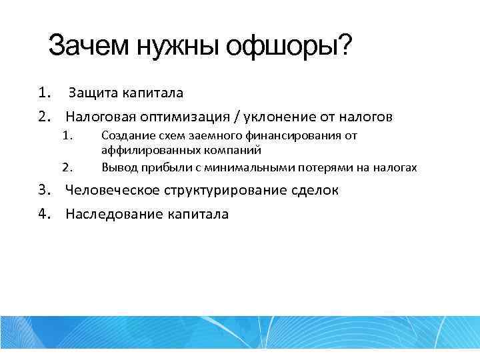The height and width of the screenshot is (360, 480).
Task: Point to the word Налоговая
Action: (x=97, y=117)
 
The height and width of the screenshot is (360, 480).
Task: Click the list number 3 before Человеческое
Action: (x=43, y=190)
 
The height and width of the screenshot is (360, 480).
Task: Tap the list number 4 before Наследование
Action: (x=43, y=214)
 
